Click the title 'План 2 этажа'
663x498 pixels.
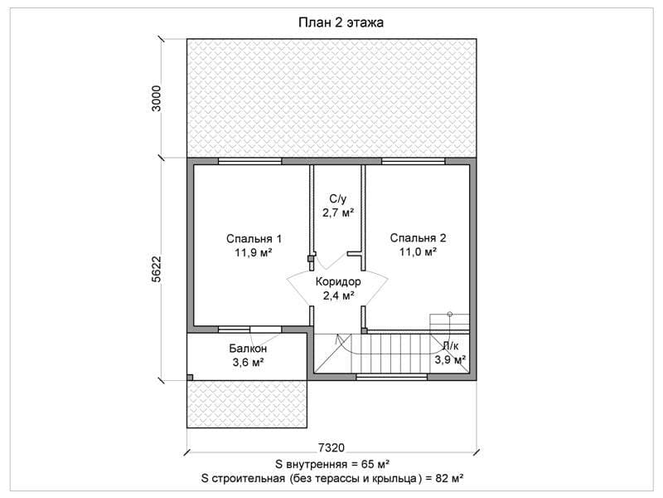click(x=341, y=22)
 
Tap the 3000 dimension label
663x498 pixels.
click(x=157, y=98)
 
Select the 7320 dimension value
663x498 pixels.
click(x=331, y=447)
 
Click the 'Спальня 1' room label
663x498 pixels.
click(x=254, y=239)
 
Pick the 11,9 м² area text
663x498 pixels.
click(x=254, y=253)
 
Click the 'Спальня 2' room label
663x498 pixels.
click(x=418, y=238)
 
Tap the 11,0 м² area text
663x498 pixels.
click(x=418, y=252)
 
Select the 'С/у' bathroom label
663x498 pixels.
click(x=338, y=198)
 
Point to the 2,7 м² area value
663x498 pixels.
click(x=338, y=212)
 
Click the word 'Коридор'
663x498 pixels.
click(x=338, y=281)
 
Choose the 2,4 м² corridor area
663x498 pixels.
click(x=338, y=295)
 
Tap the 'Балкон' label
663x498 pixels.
click(x=248, y=349)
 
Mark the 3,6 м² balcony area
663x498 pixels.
click(x=248, y=363)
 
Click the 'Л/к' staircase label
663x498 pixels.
click(x=450, y=346)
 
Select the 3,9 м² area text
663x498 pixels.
click(x=450, y=360)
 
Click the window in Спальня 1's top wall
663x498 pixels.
click(x=250, y=161)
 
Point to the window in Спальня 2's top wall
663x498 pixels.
click(x=414, y=161)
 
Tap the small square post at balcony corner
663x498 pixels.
click(x=190, y=378)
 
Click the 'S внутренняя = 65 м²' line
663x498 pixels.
click(x=332, y=464)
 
